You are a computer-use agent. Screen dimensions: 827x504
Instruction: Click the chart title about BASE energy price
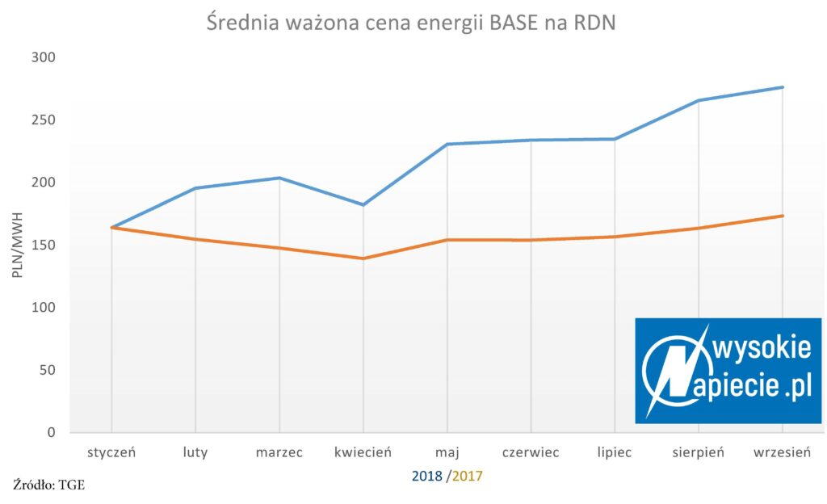tap(411, 23)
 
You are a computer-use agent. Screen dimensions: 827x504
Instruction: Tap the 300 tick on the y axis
tap(44, 57)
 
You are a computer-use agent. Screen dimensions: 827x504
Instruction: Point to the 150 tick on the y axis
tap(44, 246)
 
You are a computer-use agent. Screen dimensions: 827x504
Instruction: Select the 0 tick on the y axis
tap(51, 432)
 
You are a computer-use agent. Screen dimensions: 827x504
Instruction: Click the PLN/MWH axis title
tap(18, 246)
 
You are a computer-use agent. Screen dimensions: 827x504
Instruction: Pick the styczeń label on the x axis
tap(111, 452)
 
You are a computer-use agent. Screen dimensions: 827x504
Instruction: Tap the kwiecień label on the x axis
tap(363, 452)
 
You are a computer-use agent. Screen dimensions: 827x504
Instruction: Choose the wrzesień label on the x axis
tap(782, 452)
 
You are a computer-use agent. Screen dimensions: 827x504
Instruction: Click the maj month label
tap(447, 452)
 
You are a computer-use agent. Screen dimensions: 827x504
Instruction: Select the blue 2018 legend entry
tap(426, 476)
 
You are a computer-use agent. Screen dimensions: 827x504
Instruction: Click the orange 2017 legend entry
tap(468, 476)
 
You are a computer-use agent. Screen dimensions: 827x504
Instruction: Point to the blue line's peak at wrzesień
tap(782, 87)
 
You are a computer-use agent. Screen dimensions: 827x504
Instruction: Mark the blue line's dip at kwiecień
tap(363, 204)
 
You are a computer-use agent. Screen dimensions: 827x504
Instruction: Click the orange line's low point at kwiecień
tap(363, 258)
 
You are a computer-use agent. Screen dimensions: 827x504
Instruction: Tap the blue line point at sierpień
tap(699, 100)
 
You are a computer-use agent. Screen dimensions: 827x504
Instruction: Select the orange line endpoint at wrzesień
tap(782, 216)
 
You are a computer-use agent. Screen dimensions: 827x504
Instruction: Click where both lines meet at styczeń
tap(111, 227)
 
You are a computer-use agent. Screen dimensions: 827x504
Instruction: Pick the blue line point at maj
tap(447, 144)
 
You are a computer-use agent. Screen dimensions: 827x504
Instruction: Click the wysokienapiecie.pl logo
tap(728, 371)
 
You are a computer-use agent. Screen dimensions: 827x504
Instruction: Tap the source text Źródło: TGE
tap(49, 485)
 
